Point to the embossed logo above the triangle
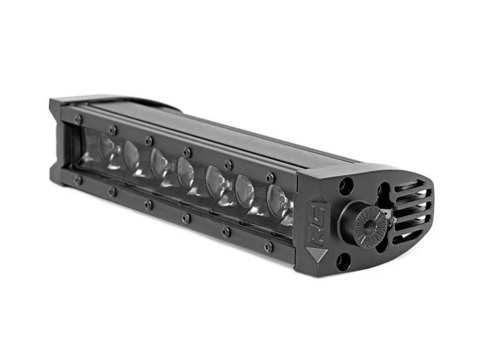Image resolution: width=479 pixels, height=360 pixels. [317, 220]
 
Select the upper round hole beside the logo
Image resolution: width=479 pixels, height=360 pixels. [346, 186]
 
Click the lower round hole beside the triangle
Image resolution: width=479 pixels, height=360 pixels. [344, 260]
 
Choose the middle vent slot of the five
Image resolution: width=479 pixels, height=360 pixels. [414, 209]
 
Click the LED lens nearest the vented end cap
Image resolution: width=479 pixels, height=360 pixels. [279, 202]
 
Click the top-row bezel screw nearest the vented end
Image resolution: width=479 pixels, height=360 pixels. [270, 177]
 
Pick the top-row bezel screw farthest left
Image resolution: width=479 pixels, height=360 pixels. [78, 119]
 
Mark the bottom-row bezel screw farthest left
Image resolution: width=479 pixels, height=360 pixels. [78, 180]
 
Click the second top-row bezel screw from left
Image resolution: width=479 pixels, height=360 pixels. [112, 130]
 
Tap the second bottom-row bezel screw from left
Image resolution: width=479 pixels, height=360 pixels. [112, 191]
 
